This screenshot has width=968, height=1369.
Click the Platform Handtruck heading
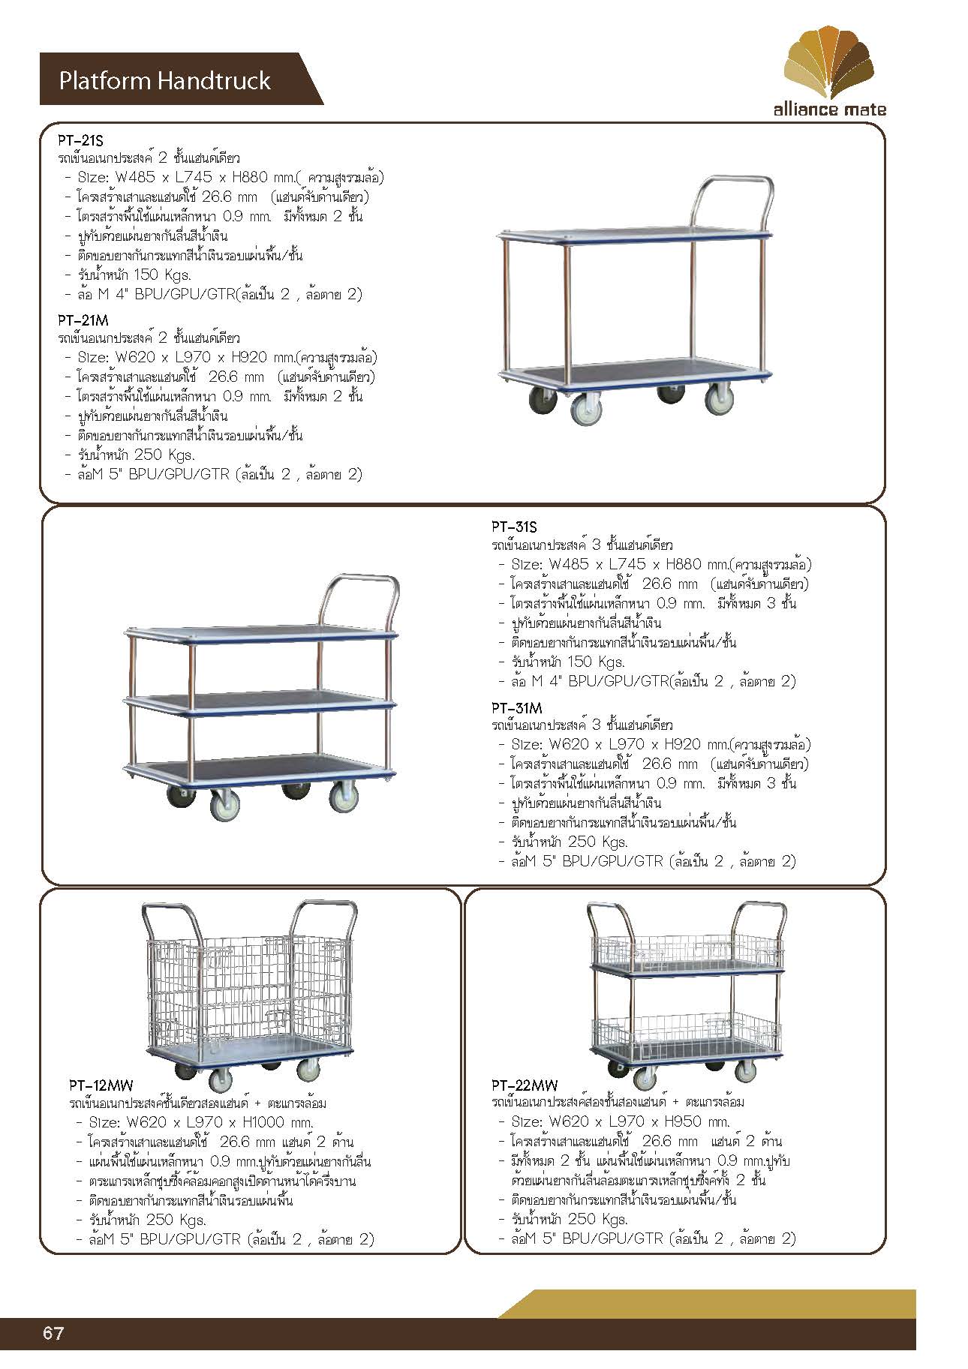164,81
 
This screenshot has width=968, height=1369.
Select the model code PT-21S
80,140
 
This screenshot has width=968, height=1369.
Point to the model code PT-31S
515,527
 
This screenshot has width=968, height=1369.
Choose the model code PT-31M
517,708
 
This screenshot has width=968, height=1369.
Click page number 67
53,1333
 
